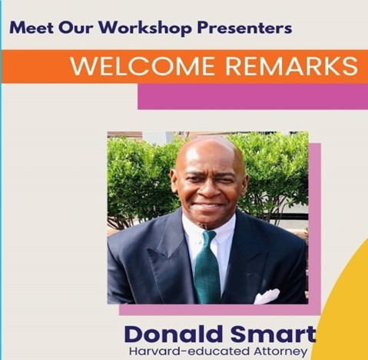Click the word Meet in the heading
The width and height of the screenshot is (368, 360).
click(31, 28)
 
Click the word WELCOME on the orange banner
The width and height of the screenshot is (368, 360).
click(142, 66)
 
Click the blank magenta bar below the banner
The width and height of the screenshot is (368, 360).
click(253, 96)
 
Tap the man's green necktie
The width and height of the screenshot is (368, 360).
click(207, 267)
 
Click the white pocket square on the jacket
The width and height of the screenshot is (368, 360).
click(267, 296)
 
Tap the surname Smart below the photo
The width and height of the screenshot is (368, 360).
click(273, 335)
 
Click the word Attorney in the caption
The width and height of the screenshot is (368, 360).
click(280, 352)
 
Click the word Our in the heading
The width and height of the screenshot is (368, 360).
click(75, 28)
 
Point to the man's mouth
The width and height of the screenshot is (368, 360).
click(209, 205)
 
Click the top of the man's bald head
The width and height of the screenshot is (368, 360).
click(209, 140)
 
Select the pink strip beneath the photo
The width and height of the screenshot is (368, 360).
click(220, 310)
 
